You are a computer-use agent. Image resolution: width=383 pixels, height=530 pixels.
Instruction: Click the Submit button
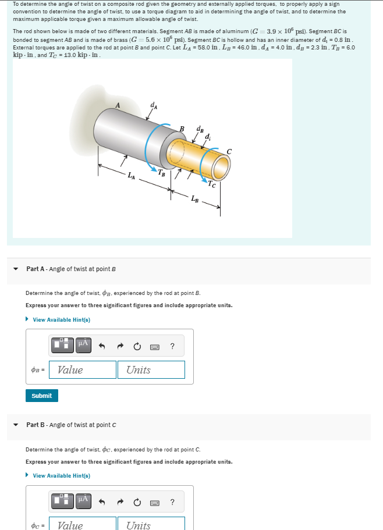click(x=41, y=396)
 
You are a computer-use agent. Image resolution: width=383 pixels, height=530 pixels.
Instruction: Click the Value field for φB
click(x=83, y=370)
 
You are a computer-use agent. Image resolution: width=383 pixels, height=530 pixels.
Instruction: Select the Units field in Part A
click(x=151, y=370)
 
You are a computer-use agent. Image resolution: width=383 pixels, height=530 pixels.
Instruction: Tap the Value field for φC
click(x=83, y=524)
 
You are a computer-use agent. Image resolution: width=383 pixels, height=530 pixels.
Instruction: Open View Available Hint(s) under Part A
click(x=61, y=320)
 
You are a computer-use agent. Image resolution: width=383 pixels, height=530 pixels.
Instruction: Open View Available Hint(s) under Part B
click(x=61, y=476)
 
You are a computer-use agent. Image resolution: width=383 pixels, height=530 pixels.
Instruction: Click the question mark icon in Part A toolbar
click(x=172, y=347)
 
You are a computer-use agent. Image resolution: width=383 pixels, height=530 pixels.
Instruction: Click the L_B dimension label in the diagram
click(x=194, y=200)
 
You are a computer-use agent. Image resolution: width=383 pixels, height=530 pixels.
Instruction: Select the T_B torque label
click(x=163, y=173)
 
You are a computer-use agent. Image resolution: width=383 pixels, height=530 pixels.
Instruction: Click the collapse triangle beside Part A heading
click(x=16, y=269)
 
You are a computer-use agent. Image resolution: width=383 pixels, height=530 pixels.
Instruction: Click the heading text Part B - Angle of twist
click(x=71, y=425)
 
